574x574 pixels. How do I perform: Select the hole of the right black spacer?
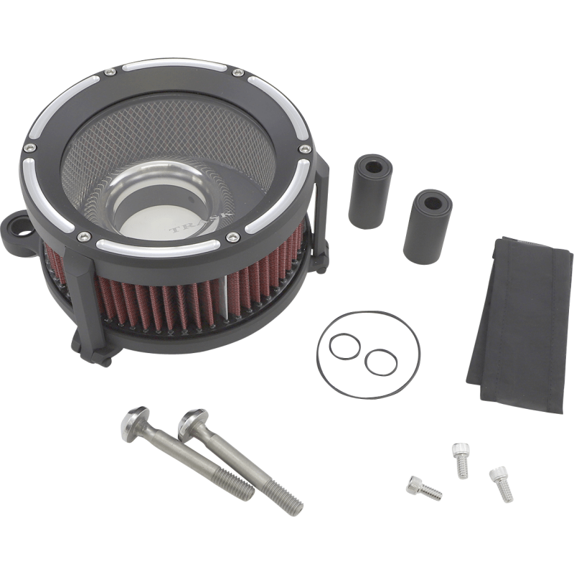(x=433, y=202)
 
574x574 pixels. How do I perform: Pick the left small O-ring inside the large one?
(x=344, y=347)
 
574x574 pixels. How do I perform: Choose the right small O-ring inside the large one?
(x=380, y=362)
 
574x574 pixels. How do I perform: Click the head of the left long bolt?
(x=134, y=420)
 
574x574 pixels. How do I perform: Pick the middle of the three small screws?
(x=460, y=459)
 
